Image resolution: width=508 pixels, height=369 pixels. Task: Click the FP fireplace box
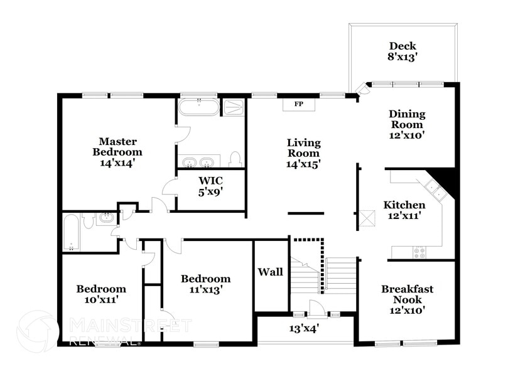pos(299,104)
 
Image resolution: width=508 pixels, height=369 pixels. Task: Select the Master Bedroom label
pos(117,152)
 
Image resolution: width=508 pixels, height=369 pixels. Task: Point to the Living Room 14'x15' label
pos(303,153)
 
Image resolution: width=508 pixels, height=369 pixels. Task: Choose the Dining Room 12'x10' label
pos(406,124)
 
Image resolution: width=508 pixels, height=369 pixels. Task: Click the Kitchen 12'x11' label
pos(404,210)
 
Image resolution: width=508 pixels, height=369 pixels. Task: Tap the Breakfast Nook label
pos(407,299)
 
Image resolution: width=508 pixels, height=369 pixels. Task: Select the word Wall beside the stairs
pos(271,272)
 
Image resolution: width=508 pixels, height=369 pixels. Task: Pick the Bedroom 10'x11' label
pos(101,294)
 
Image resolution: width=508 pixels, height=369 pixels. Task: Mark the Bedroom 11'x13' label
pos(205,284)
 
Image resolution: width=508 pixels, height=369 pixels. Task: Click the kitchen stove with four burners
pos(419,252)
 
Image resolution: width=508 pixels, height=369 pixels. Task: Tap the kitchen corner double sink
pos(432,186)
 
